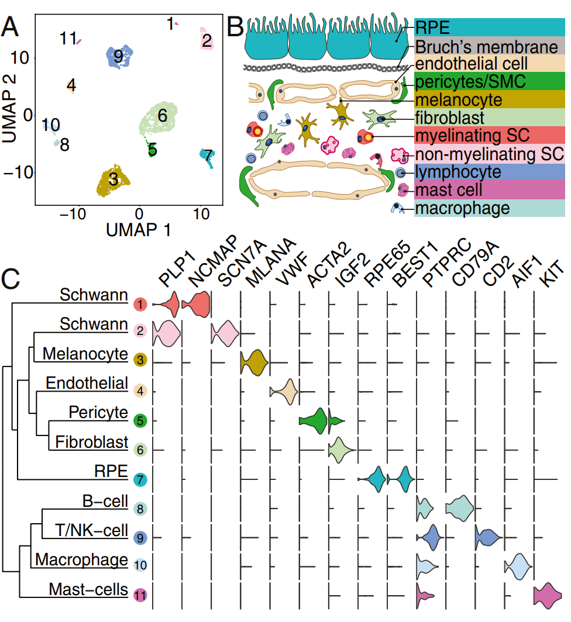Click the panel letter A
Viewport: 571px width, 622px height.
13,26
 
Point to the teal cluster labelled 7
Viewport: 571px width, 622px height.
207,157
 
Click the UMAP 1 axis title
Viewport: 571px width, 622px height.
139,229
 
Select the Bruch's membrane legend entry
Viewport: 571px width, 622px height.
486,47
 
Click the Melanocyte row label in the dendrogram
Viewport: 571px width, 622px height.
85,354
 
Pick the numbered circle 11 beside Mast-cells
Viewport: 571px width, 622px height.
140,596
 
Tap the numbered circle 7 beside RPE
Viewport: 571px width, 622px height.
140,480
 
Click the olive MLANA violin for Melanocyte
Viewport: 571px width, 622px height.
254,362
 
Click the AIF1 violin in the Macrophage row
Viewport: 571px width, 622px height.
518,566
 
